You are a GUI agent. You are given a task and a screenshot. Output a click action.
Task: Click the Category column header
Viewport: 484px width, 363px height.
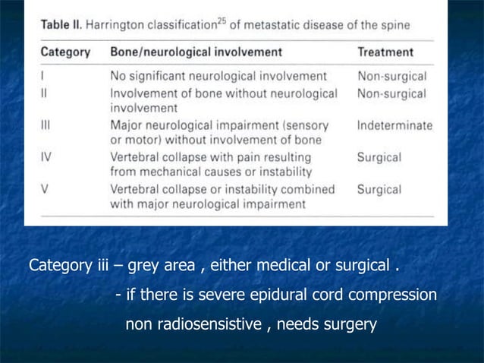tap(64, 52)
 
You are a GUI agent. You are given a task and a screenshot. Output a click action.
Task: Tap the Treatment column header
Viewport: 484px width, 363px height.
tap(385, 52)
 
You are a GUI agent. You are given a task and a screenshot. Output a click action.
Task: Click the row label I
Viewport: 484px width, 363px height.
tap(42, 76)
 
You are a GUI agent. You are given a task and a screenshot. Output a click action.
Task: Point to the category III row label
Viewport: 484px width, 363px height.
tap(46, 125)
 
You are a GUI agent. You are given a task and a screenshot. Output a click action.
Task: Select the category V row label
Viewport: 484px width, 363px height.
tap(44, 189)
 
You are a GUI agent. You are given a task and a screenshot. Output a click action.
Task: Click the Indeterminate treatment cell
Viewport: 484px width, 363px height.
tap(394, 125)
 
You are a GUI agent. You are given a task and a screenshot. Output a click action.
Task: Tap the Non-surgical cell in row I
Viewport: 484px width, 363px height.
tap(391, 76)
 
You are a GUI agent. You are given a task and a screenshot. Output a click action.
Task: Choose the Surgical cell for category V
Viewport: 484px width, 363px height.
tap(380, 189)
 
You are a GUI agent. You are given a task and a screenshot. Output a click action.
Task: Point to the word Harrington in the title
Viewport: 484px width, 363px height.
tap(120, 24)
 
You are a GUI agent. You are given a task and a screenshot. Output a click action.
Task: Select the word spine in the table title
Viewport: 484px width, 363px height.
tap(394, 24)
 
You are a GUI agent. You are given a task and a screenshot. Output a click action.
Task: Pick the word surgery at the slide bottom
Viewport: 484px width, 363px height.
tap(350, 326)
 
